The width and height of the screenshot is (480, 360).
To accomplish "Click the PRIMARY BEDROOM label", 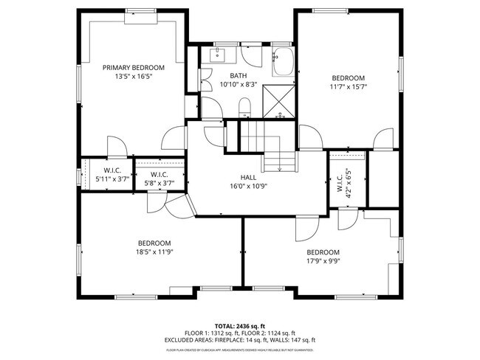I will [133, 67].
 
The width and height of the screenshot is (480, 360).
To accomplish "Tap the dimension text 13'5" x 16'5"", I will [133, 76].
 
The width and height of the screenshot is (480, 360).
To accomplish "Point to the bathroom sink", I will [219, 55].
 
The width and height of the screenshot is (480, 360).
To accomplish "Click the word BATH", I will [238, 76].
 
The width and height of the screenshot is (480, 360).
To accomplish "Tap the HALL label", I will [248, 178].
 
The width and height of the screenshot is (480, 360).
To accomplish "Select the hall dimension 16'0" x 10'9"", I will [248, 187].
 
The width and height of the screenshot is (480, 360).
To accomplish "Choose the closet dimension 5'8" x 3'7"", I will [160, 183].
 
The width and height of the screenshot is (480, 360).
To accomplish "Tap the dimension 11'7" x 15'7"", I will [348, 87].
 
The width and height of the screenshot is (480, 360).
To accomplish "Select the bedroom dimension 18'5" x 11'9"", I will [154, 252].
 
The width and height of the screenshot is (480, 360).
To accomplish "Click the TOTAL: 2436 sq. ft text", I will [239, 326].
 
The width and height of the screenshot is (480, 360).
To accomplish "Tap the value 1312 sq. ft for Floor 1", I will [225, 333].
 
